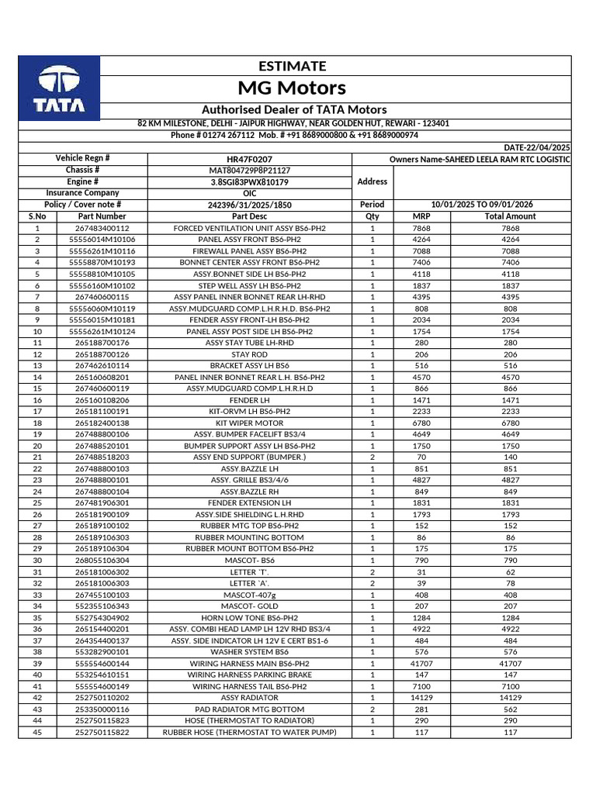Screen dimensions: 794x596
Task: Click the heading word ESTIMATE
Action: coord(292,66)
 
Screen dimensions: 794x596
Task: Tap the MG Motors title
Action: coord(292,87)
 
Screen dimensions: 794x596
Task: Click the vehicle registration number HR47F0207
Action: coord(249,159)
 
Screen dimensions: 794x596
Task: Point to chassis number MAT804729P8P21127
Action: coord(249,170)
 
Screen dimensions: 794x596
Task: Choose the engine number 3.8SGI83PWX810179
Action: coord(249,181)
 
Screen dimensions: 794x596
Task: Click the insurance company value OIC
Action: coord(249,193)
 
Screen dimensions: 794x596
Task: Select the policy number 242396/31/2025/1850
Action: coord(249,205)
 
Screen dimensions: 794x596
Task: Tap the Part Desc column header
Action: coord(249,216)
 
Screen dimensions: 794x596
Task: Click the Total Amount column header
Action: coord(510,216)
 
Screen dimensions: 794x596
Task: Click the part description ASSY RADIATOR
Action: coord(249,698)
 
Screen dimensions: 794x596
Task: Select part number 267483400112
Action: coord(102,228)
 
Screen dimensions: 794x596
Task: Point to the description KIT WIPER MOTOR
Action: coord(249,423)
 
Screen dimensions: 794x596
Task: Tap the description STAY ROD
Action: coord(249,354)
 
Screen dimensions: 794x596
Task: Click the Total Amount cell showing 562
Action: coord(510,709)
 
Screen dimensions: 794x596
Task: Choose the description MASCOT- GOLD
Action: coord(249,606)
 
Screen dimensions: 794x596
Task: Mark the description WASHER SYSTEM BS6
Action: coord(249,652)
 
